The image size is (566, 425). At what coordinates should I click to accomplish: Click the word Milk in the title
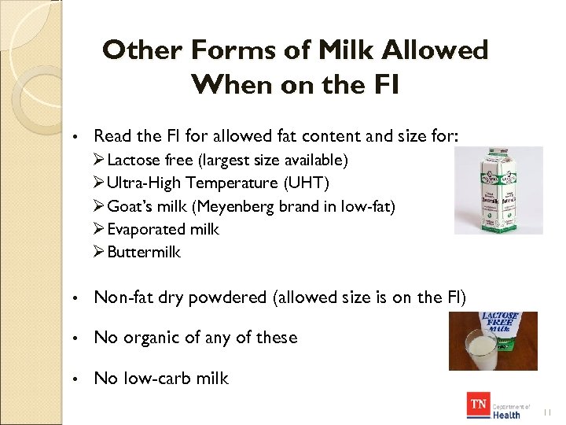pyautogui.click(x=342, y=51)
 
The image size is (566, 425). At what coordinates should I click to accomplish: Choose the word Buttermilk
pyautogui.click(x=144, y=252)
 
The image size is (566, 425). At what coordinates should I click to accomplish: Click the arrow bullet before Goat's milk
pyautogui.click(x=99, y=206)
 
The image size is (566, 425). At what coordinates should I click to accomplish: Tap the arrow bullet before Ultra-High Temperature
pyautogui.click(x=99, y=183)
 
